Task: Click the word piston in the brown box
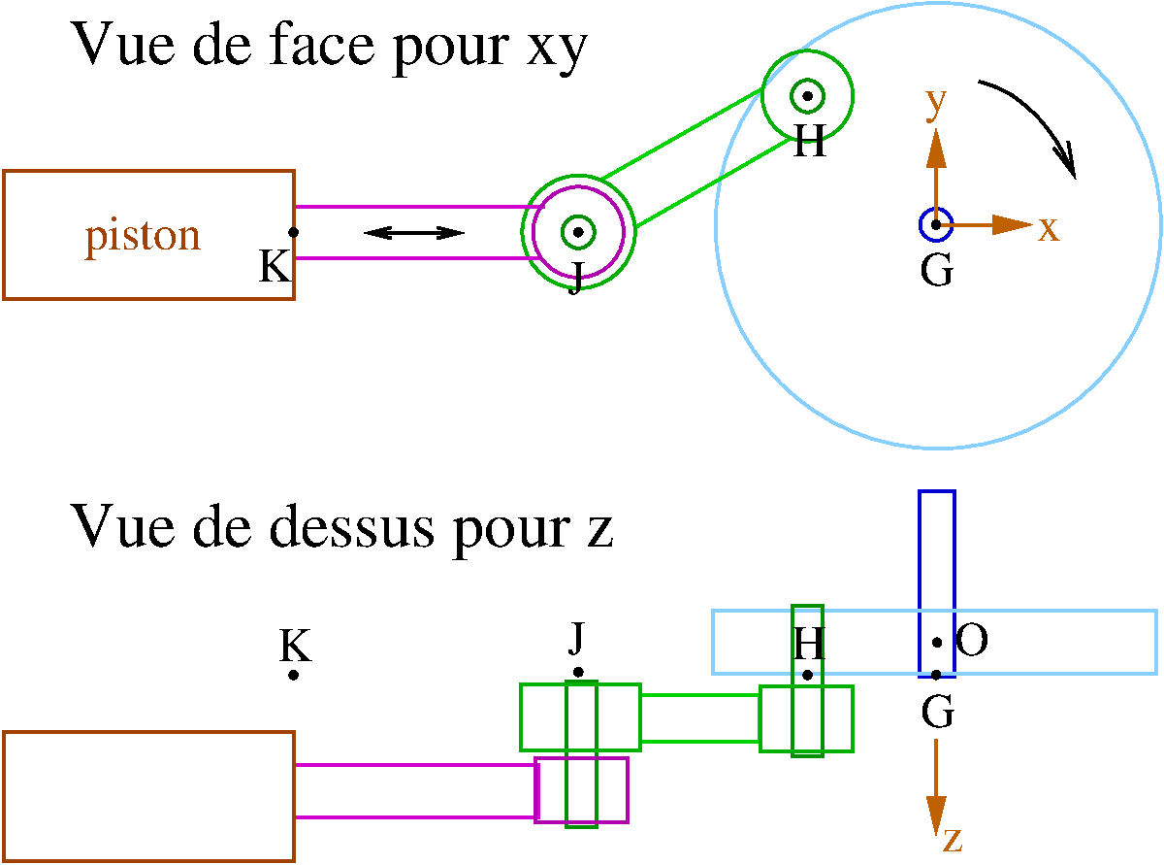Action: pyautogui.click(x=143, y=237)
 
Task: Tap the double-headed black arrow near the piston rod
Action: pyautogui.click(x=413, y=232)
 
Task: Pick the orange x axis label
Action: pyautogui.click(x=1049, y=228)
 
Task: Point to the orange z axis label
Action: pyautogui.click(x=953, y=838)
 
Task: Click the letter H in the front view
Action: pyautogui.click(x=809, y=144)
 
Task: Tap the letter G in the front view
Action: pyautogui.click(x=936, y=272)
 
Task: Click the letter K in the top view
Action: pyautogui.click(x=294, y=644)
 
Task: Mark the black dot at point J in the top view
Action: pyautogui.click(x=578, y=672)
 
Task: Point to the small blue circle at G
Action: pyautogui.click(x=936, y=224)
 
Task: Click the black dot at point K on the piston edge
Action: pyautogui.click(x=294, y=231)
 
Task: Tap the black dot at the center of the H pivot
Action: pyautogui.click(x=807, y=96)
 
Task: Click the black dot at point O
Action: pyautogui.click(x=937, y=643)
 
